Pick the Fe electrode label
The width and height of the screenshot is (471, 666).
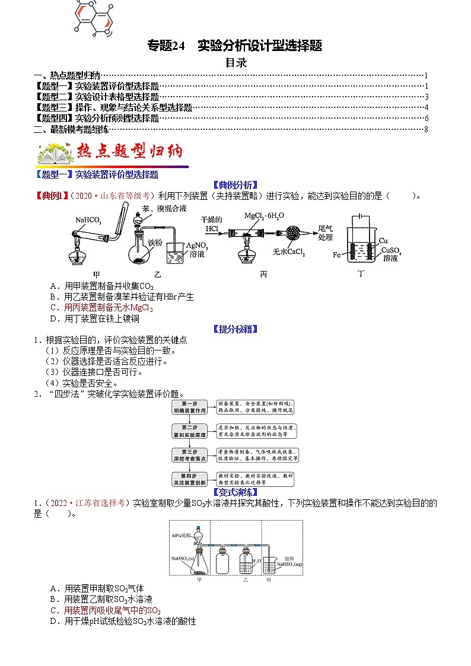tap(338, 254)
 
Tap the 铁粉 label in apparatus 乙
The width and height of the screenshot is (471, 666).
tap(155, 242)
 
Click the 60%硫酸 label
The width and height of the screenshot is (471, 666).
tap(181, 536)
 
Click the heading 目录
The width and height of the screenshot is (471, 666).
tap(236, 62)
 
